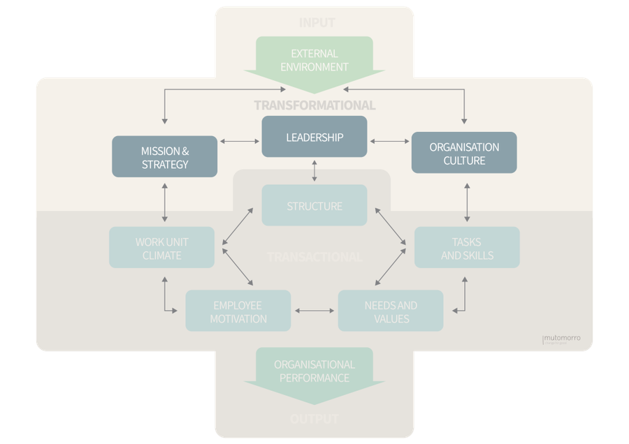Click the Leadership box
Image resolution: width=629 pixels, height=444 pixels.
tap(314, 137)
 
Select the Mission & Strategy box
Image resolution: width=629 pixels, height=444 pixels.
tap(165, 157)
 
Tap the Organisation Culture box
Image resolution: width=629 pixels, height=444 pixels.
tap(464, 153)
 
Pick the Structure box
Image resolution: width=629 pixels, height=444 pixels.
tap(314, 206)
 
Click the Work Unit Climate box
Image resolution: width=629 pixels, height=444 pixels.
tap(161, 248)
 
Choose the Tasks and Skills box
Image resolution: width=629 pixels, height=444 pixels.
tap(467, 248)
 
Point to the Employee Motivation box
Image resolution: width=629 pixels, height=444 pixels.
tap(238, 311)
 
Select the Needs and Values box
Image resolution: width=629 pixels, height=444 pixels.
tap(391, 311)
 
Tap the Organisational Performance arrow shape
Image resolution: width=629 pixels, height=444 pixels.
tap(314, 374)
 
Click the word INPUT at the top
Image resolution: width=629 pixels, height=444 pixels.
tap(317, 23)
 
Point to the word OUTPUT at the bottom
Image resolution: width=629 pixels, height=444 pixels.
tap(314, 420)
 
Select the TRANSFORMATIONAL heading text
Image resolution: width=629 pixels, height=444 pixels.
tap(314, 105)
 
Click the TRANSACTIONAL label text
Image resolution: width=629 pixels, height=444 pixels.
tap(314, 257)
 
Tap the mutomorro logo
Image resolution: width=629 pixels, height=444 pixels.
tap(561, 339)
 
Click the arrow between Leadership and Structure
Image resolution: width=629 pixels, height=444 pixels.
tap(314, 171)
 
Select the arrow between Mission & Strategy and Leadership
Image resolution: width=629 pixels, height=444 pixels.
tap(240, 142)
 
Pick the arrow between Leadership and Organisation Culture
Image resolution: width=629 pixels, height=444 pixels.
tap(389, 142)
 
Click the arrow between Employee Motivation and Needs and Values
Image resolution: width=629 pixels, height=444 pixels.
tap(314, 310)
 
